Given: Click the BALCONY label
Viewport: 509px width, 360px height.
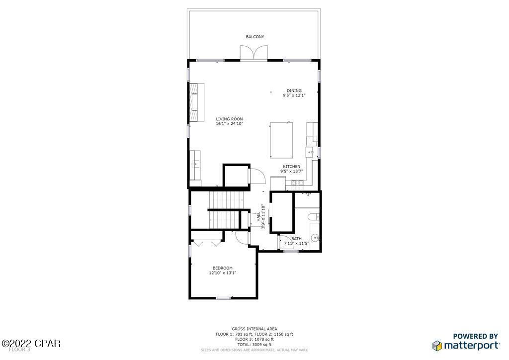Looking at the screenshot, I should pos(254,37).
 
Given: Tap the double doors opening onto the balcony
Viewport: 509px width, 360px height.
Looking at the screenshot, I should pos(254,53).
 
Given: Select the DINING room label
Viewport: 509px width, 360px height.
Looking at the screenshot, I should pos(294,90).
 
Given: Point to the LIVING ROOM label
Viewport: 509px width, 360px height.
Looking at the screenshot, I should pos(229,119).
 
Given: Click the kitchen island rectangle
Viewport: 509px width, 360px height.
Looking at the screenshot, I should pos(281,140).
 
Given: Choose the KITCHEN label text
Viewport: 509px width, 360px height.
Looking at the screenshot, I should pos(291,167).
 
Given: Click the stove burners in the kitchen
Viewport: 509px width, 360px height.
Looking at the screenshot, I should pos(298,183).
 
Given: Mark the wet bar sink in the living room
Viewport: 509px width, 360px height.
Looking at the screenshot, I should pos(195,163).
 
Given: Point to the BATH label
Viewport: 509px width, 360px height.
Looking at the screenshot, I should pos(296,239).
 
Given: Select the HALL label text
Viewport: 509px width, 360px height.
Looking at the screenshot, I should pos(259,218).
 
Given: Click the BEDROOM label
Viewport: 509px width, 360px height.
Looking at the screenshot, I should pos(222,268).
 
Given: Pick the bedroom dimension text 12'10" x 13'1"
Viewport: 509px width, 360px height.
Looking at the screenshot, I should pos(222,273).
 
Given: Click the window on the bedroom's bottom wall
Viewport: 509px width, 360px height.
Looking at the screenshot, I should pos(223,298).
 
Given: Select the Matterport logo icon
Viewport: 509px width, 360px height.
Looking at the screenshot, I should pos(437,345).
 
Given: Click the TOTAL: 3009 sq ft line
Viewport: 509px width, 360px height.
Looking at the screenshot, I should pos(254,344).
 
